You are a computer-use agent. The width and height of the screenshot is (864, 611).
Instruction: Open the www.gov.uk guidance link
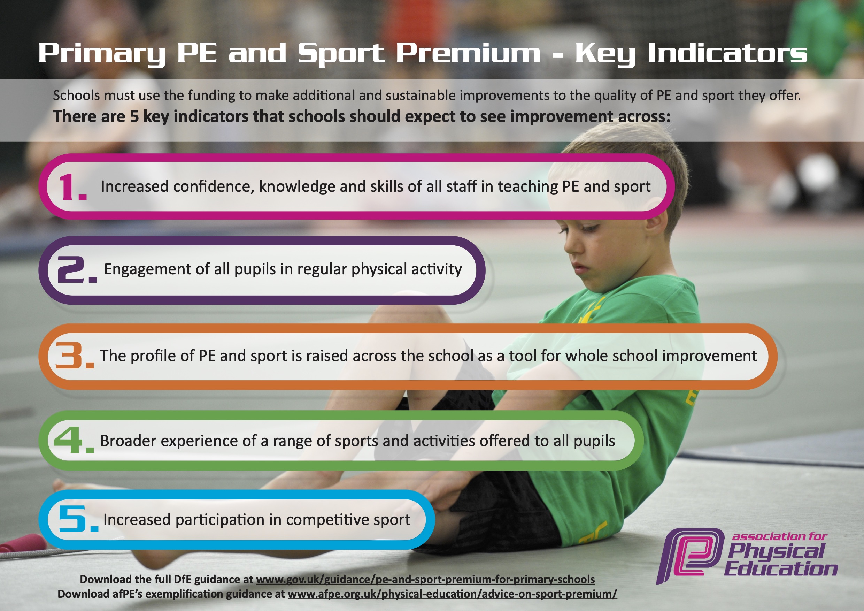click(x=425, y=579)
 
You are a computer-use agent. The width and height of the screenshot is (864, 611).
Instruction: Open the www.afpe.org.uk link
click(x=452, y=594)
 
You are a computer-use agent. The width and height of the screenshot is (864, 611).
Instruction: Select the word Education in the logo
click(x=780, y=569)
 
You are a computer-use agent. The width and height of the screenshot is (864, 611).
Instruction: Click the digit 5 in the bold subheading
click(x=134, y=117)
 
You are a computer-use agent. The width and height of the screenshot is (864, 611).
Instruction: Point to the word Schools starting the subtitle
click(x=76, y=96)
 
